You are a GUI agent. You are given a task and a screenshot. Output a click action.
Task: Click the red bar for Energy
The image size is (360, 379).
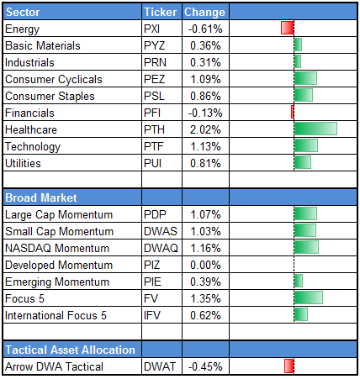tap(287, 29)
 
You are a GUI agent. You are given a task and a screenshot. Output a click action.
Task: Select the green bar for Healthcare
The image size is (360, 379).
tap(315, 129)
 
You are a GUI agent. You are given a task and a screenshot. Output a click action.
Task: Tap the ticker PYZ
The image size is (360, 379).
tap(155, 45)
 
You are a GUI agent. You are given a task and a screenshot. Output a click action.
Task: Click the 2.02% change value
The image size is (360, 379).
tap(204, 129)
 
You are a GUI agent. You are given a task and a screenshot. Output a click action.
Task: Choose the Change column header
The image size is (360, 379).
tap(204, 12)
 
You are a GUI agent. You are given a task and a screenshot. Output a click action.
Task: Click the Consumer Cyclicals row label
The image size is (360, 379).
tap(53, 79)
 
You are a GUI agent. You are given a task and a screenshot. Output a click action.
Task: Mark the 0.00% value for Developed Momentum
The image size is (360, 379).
tap(204, 264)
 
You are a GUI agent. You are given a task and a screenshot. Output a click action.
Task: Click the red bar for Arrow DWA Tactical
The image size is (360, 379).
tap(289, 365)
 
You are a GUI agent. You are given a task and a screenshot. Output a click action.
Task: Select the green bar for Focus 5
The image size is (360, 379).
tap(308, 297)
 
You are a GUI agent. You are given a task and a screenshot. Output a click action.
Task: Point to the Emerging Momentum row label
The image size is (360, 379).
tap(55, 281)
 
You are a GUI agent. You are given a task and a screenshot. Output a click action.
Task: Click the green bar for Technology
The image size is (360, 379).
tap(305, 145)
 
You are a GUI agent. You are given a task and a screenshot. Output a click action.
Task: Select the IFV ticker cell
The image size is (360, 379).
tap(153, 314)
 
